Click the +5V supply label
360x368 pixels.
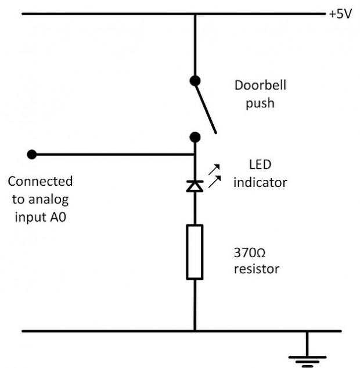340,13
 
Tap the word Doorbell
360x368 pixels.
260,85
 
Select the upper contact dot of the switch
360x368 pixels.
195,81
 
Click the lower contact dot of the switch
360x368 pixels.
195,137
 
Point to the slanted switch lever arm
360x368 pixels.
206,107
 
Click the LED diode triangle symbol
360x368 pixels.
195,186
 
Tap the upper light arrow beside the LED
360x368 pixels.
214,168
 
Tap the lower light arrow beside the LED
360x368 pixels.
214,181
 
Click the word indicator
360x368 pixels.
260,182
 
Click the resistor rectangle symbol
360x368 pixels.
195,252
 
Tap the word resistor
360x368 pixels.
256,269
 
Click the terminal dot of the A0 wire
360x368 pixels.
32,154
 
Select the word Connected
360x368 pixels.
40,181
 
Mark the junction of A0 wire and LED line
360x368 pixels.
195,155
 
